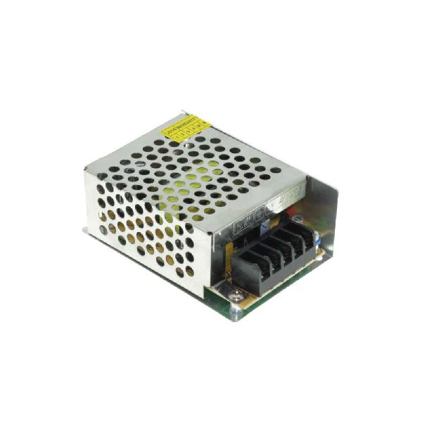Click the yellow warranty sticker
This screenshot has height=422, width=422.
(x=186, y=130)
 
